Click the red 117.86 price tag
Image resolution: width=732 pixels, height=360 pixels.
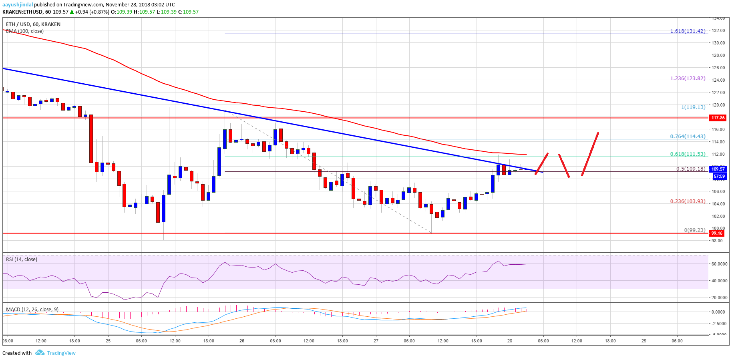click(718, 118)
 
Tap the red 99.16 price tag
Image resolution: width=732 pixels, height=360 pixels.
click(717, 233)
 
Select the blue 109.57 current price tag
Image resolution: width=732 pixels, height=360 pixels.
click(718, 169)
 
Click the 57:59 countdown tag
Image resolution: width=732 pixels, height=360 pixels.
click(719, 176)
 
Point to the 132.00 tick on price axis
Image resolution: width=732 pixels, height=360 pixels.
click(718, 30)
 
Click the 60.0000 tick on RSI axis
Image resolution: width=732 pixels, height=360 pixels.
click(719, 264)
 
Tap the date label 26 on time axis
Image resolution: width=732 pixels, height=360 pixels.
click(242, 341)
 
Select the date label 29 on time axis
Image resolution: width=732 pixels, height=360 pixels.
click(644, 341)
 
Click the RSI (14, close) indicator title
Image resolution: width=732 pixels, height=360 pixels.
click(22, 259)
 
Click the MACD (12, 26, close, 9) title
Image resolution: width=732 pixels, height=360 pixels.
click(32, 310)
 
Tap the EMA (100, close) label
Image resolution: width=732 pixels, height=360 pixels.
click(25, 31)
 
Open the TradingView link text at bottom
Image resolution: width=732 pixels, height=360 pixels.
click(61, 353)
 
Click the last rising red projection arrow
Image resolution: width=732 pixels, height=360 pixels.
click(590, 154)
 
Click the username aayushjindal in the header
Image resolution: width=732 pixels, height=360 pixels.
click(18, 5)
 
